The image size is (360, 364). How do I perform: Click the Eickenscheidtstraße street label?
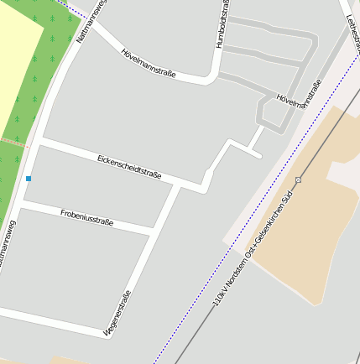[x=129, y=166]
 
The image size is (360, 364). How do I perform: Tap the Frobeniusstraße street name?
[x=86, y=218]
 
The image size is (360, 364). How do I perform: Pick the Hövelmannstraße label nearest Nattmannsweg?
[x=148, y=63]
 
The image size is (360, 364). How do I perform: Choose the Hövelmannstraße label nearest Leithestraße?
[x=300, y=96]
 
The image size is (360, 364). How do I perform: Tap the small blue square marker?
[x=29, y=179]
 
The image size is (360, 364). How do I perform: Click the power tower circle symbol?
[x=298, y=180]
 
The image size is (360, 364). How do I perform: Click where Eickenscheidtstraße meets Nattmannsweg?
[x=39, y=142]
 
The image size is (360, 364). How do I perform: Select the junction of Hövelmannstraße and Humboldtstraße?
[x=210, y=81]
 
